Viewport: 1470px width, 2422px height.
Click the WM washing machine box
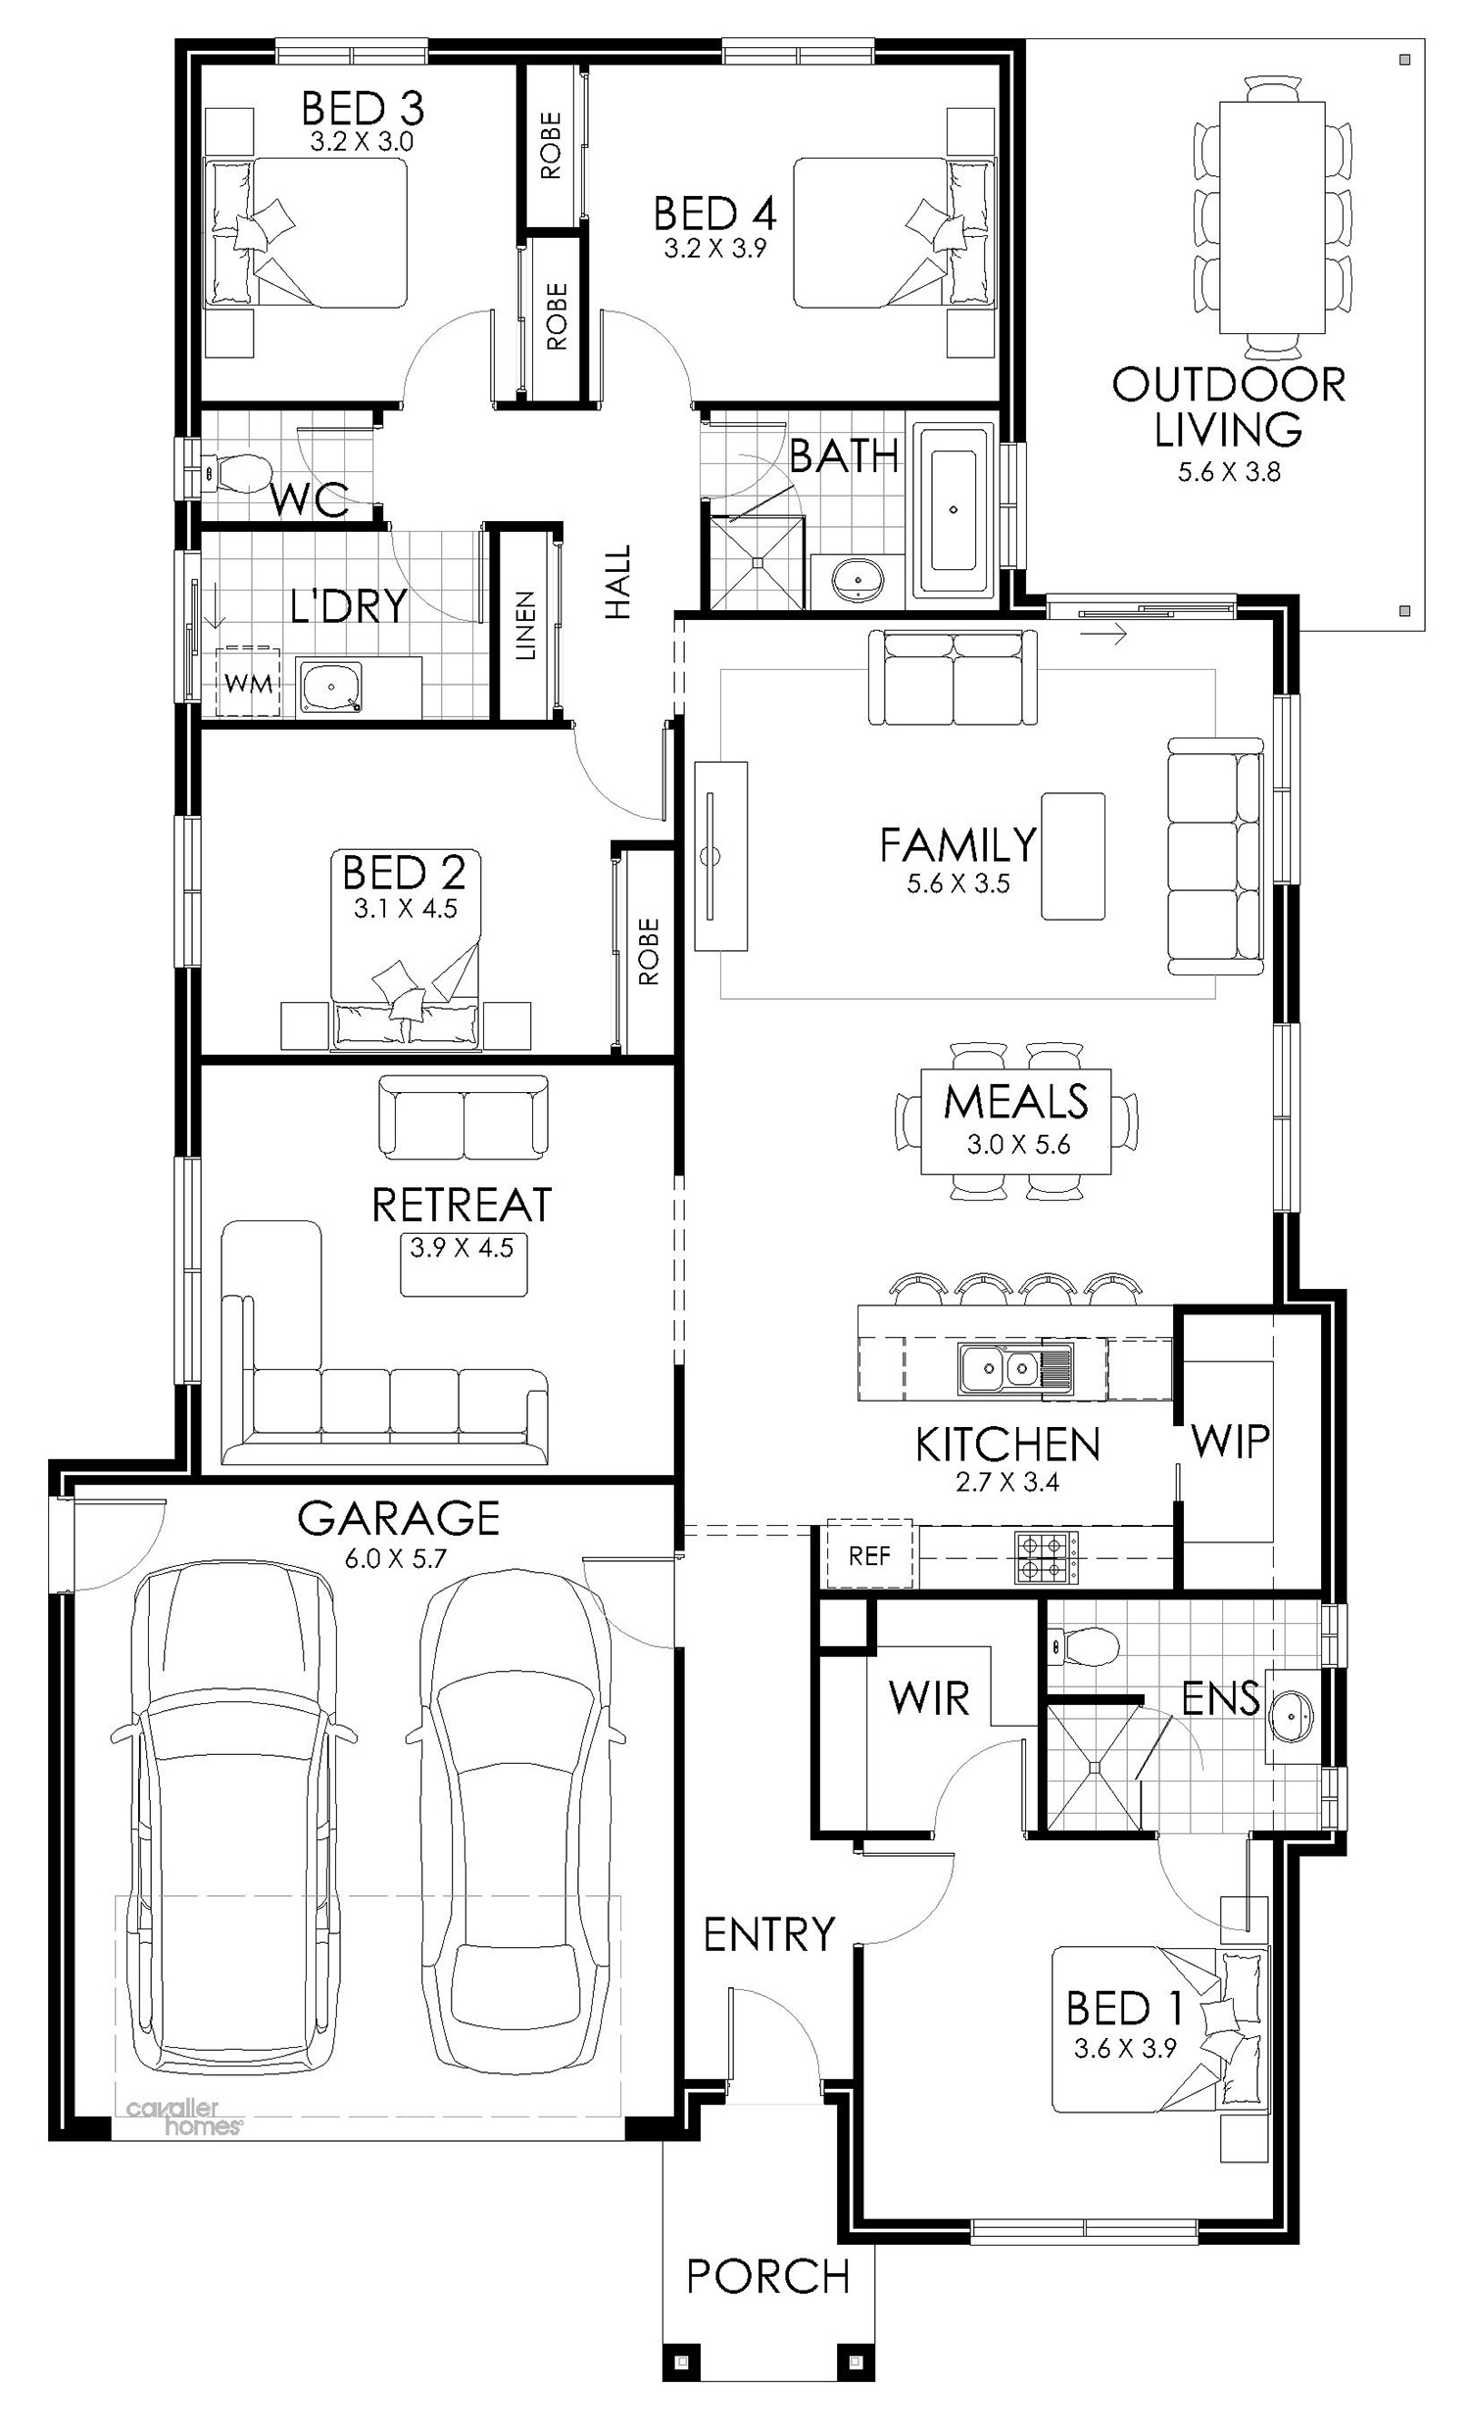click(x=248, y=681)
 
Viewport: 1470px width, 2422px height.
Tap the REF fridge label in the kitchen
click(x=869, y=1555)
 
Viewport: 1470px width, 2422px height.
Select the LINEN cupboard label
click(x=526, y=625)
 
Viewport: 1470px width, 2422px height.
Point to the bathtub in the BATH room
click(x=952, y=510)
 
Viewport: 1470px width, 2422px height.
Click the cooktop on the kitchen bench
click(x=1047, y=1558)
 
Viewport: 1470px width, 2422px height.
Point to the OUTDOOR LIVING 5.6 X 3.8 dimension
click(x=1229, y=472)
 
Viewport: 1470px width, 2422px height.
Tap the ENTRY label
click(x=769, y=1934)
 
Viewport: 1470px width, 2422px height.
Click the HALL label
click(x=617, y=582)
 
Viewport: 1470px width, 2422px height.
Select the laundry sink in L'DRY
click(x=330, y=689)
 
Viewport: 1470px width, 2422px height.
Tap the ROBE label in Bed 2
click(x=648, y=952)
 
